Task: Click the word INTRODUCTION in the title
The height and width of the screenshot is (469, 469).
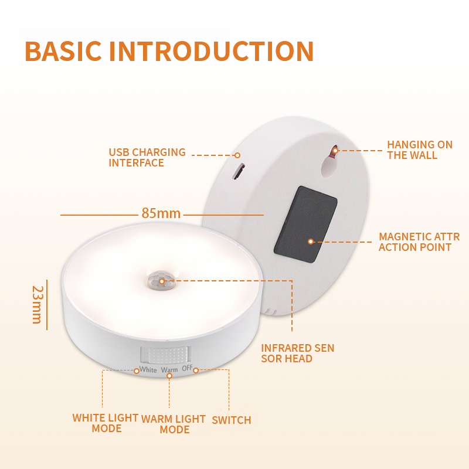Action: point(211,52)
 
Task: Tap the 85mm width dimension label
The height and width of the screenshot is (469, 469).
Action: point(161,213)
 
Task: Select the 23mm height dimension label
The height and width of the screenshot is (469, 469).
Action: point(37,304)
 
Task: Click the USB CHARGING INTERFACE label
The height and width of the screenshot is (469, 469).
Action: point(147,157)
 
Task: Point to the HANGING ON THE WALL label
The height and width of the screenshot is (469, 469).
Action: point(419,149)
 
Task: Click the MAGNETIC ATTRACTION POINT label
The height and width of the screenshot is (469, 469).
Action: point(419,242)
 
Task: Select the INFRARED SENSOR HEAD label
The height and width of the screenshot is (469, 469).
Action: point(297,353)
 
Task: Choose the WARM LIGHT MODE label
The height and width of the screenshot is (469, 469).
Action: point(174,424)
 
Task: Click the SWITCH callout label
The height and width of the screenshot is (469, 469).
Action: point(231,420)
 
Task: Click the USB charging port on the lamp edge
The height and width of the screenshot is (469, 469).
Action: point(239,172)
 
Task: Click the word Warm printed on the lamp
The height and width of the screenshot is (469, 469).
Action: point(169,370)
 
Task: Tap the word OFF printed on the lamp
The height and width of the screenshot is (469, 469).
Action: point(187,369)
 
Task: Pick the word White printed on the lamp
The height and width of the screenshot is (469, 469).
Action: point(148,370)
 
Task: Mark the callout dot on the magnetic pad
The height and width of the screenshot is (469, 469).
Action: point(311,241)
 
